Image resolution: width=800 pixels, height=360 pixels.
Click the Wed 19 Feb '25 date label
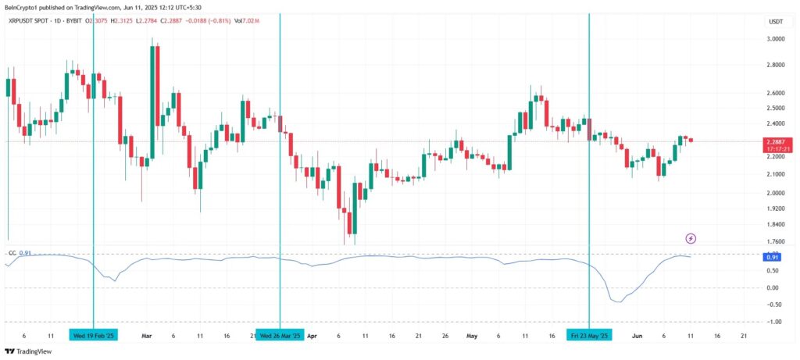point(93,335)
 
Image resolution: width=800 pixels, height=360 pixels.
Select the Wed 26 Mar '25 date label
point(280,335)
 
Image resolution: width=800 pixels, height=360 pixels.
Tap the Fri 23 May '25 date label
point(589,335)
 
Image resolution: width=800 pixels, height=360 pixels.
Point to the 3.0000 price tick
point(775,38)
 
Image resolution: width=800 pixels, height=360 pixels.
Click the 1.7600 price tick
point(775,242)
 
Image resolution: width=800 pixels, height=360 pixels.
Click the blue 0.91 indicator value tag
point(773,257)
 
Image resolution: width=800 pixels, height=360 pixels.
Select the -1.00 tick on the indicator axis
point(773,322)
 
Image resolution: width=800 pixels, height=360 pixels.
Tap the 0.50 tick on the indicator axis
point(773,272)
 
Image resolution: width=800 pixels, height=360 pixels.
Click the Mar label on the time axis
point(146,335)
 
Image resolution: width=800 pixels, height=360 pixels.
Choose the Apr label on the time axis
point(312,335)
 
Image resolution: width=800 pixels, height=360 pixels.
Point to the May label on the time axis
point(472,335)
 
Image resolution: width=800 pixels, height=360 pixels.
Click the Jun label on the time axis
point(637,335)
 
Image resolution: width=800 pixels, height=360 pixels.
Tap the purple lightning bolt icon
point(691,237)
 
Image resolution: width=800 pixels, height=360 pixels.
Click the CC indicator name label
point(12,252)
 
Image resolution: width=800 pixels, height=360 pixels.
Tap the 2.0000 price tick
point(775,193)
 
